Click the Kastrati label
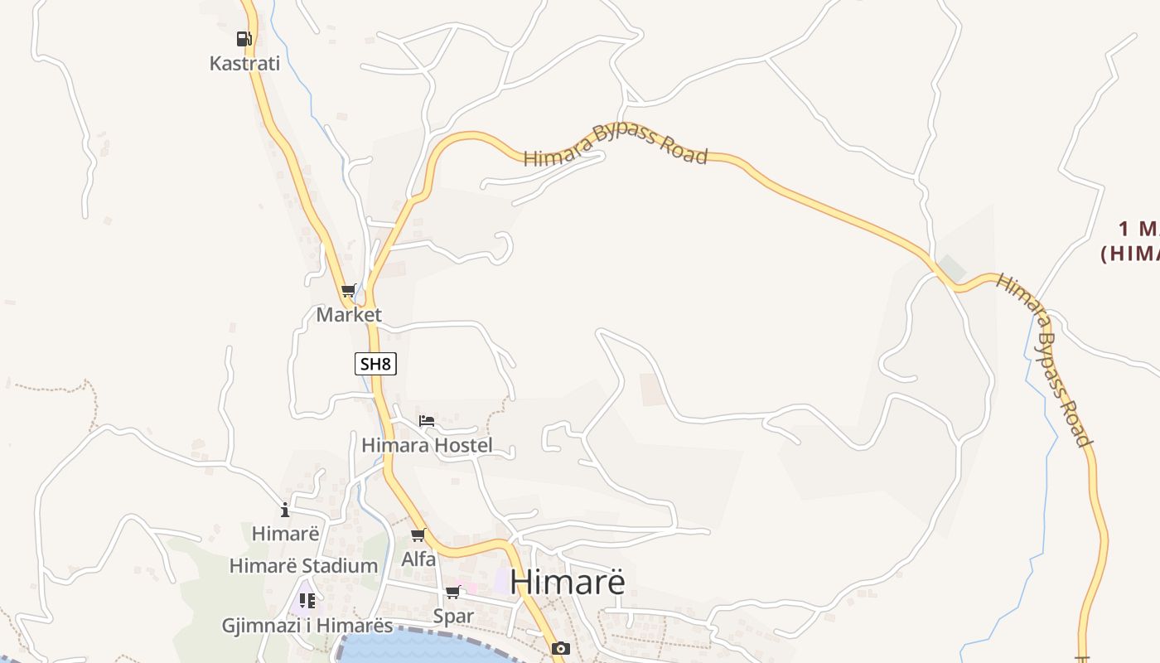(244, 64)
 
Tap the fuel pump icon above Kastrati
(244, 38)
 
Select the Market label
(349, 315)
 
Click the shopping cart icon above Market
(349, 291)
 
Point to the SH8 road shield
(375, 364)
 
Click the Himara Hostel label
(427, 446)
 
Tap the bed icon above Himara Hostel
(427, 421)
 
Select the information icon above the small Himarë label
(285, 510)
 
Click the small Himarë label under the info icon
(285, 534)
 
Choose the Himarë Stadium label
(303, 566)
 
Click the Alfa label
(418, 559)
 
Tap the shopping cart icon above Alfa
(418, 535)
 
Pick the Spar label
(453, 617)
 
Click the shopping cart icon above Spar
(453, 593)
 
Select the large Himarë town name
(568, 582)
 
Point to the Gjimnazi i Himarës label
(307, 626)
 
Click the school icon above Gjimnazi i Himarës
(307, 601)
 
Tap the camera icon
(561, 648)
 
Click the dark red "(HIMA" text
(1131, 254)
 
